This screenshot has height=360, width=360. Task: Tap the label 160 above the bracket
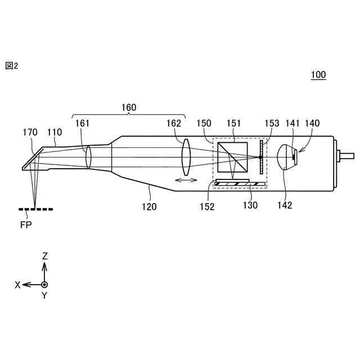point(129,107)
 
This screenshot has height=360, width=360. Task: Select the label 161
point(82,123)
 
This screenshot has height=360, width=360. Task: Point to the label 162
point(174,123)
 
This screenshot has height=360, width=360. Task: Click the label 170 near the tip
point(30,132)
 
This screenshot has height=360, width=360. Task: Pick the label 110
point(54,132)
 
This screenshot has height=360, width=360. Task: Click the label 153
point(272,123)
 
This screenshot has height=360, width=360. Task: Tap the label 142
point(285,205)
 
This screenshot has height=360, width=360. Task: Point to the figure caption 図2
point(12,66)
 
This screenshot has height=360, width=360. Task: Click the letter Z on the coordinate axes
point(45,256)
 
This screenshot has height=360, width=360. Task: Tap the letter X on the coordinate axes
point(18,285)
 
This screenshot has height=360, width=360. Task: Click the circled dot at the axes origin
point(45,285)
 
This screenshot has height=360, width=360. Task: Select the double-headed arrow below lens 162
point(186,180)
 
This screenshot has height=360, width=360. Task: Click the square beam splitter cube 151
point(233,157)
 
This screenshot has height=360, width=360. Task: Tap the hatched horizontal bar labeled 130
point(240,183)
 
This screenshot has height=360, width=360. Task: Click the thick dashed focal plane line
point(36,209)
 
